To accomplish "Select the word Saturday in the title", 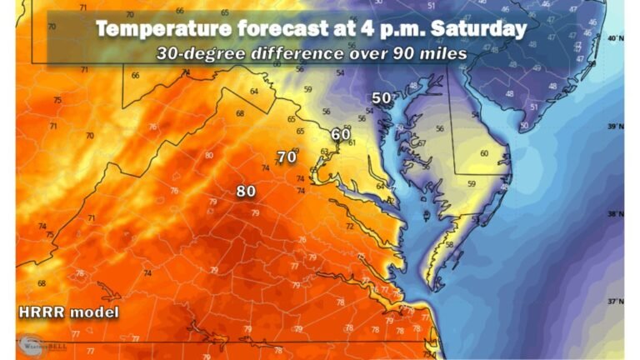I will point(478,29).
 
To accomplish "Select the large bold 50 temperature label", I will point(381,98).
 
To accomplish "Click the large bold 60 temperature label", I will point(340,135).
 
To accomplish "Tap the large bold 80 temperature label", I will point(245,191).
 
